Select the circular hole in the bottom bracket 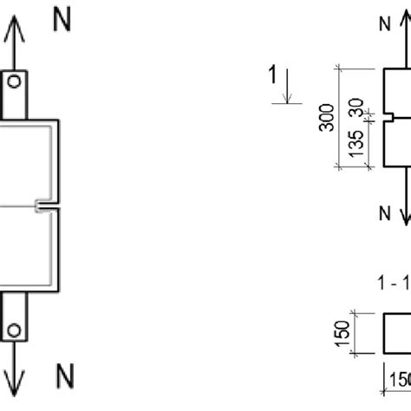pos(14,329)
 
